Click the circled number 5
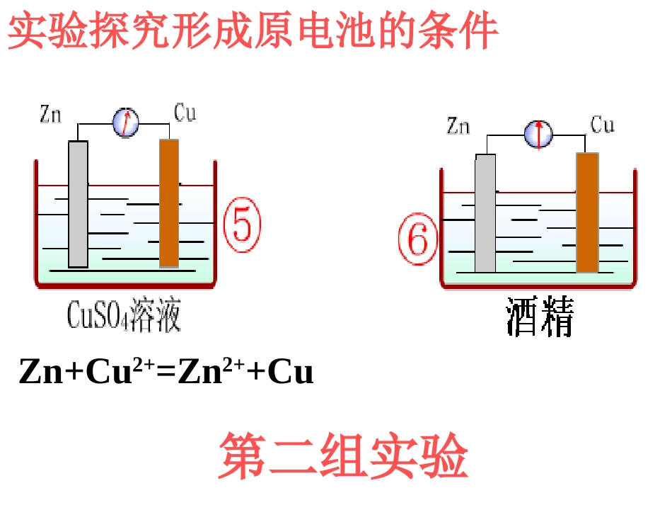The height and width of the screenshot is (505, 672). pyautogui.click(x=242, y=225)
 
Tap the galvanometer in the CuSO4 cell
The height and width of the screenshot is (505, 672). pyautogui.click(x=126, y=123)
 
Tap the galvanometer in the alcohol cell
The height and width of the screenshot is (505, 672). pyautogui.click(x=538, y=133)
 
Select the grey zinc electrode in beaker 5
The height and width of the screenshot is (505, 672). pyautogui.click(x=79, y=203)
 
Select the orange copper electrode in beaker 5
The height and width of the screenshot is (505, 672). pyautogui.click(x=169, y=203)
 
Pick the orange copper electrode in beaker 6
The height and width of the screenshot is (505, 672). pyautogui.click(x=587, y=212)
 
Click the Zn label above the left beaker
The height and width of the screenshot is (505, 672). pyautogui.click(x=50, y=114)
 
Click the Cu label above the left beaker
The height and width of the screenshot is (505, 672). pyautogui.click(x=185, y=113)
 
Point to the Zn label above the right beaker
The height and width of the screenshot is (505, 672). pyautogui.click(x=458, y=126)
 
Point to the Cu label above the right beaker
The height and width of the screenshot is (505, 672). pyautogui.click(x=603, y=125)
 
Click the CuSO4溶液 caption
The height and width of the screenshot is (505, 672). pyautogui.click(x=124, y=315)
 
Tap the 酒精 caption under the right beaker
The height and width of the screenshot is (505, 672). pyautogui.click(x=540, y=317)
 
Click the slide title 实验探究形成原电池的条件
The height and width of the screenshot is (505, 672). pyautogui.click(x=253, y=31)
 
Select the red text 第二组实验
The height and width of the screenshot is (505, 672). pyautogui.click(x=343, y=457)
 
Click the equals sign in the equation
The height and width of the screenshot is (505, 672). pyautogui.click(x=166, y=373)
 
